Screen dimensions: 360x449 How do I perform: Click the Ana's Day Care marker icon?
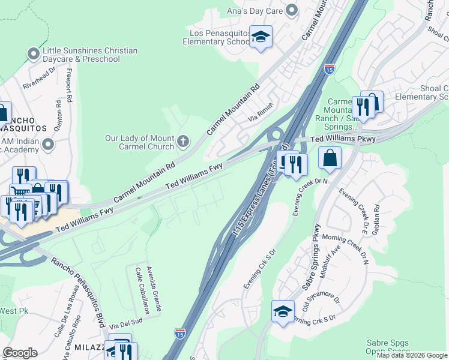click(292, 9)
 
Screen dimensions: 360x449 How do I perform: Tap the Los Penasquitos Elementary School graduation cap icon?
click(261, 37)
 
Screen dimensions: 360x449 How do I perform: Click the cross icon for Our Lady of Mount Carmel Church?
click(183, 142)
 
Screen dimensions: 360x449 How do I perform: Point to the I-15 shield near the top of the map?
click(329, 69)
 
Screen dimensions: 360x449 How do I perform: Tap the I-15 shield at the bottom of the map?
click(179, 332)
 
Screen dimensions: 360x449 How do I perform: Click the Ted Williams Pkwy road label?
click(343, 139)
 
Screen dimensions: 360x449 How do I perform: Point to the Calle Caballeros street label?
click(142, 291)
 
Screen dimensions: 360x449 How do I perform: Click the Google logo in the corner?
click(20, 353)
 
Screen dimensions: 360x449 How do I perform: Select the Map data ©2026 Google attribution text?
click(412, 355)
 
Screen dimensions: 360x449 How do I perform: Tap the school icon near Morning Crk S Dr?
click(283, 312)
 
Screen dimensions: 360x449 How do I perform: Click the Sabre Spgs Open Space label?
click(388, 347)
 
